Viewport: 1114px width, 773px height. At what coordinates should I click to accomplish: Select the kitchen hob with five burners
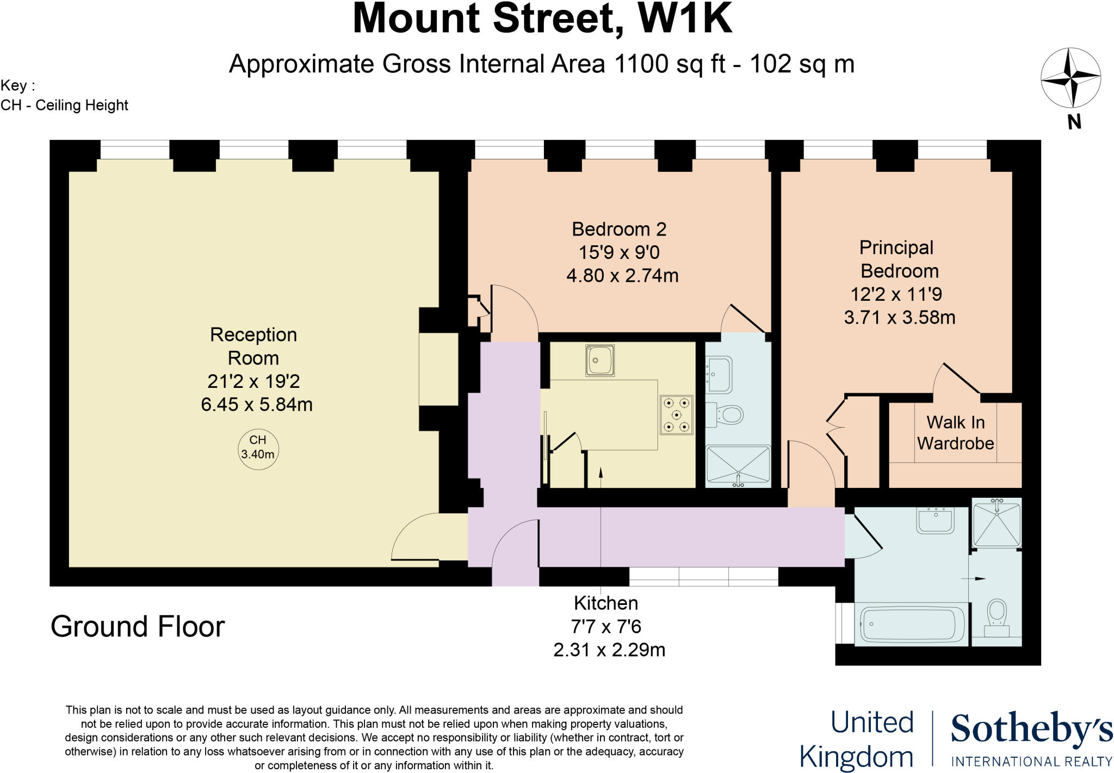click(677, 415)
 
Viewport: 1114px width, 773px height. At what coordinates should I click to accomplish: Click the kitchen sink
click(600, 360)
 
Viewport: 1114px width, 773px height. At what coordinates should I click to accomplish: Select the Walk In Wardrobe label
click(955, 432)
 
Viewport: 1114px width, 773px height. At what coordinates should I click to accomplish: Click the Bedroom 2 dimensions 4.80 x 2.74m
click(622, 276)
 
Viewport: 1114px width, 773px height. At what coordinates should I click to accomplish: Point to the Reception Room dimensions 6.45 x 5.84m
click(257, 405)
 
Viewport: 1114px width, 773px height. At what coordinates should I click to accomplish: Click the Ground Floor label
click(138, 627)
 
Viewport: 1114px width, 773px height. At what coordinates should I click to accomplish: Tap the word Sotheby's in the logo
click(1031, 730)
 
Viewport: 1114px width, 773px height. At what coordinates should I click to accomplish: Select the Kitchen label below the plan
click(606, 603)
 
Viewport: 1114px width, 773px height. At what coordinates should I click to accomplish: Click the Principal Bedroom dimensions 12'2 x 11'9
click(896, 294)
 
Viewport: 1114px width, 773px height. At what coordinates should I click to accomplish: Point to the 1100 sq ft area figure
click(670, 64)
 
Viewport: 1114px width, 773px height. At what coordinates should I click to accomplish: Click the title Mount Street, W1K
click(542, 20)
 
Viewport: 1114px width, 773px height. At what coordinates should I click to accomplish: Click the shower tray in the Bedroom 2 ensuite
click(738, 466)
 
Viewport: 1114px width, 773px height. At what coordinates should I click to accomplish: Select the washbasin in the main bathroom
click(936, 521)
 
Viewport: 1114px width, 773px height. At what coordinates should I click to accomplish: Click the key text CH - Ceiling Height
click(65, 105)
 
